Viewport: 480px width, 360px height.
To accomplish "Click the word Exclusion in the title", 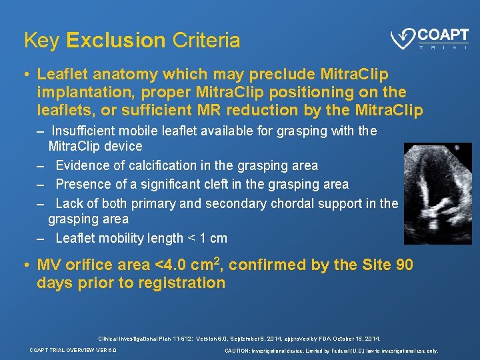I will tap(115, 41).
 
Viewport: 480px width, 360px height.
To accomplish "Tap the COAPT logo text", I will tap(443, 35).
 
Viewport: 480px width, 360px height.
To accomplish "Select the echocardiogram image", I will tap(437, 193).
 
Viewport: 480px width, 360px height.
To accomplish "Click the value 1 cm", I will tap(214, 238).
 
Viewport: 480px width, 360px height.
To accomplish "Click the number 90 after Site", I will tap(404, 265).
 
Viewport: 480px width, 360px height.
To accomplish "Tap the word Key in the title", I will tap(41, 41).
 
